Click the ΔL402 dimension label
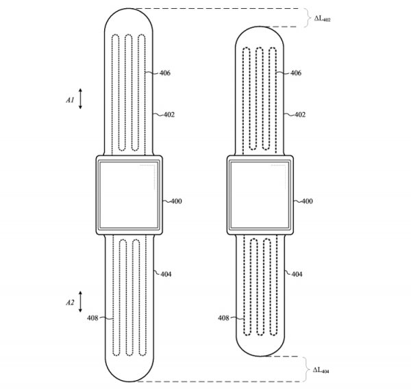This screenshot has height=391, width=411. point(323,18)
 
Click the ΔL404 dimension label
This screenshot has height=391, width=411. point(321,370)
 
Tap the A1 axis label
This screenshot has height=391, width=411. point(70,100)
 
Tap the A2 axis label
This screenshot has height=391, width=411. point(70,303)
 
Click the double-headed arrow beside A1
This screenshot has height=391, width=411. point(80,99)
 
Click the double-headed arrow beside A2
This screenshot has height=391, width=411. point(80,301)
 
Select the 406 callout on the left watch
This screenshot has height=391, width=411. point(165,73)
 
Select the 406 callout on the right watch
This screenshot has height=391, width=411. point(296,73)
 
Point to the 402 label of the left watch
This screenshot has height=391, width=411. point(169,114)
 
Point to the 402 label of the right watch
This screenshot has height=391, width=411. point(300,114)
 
